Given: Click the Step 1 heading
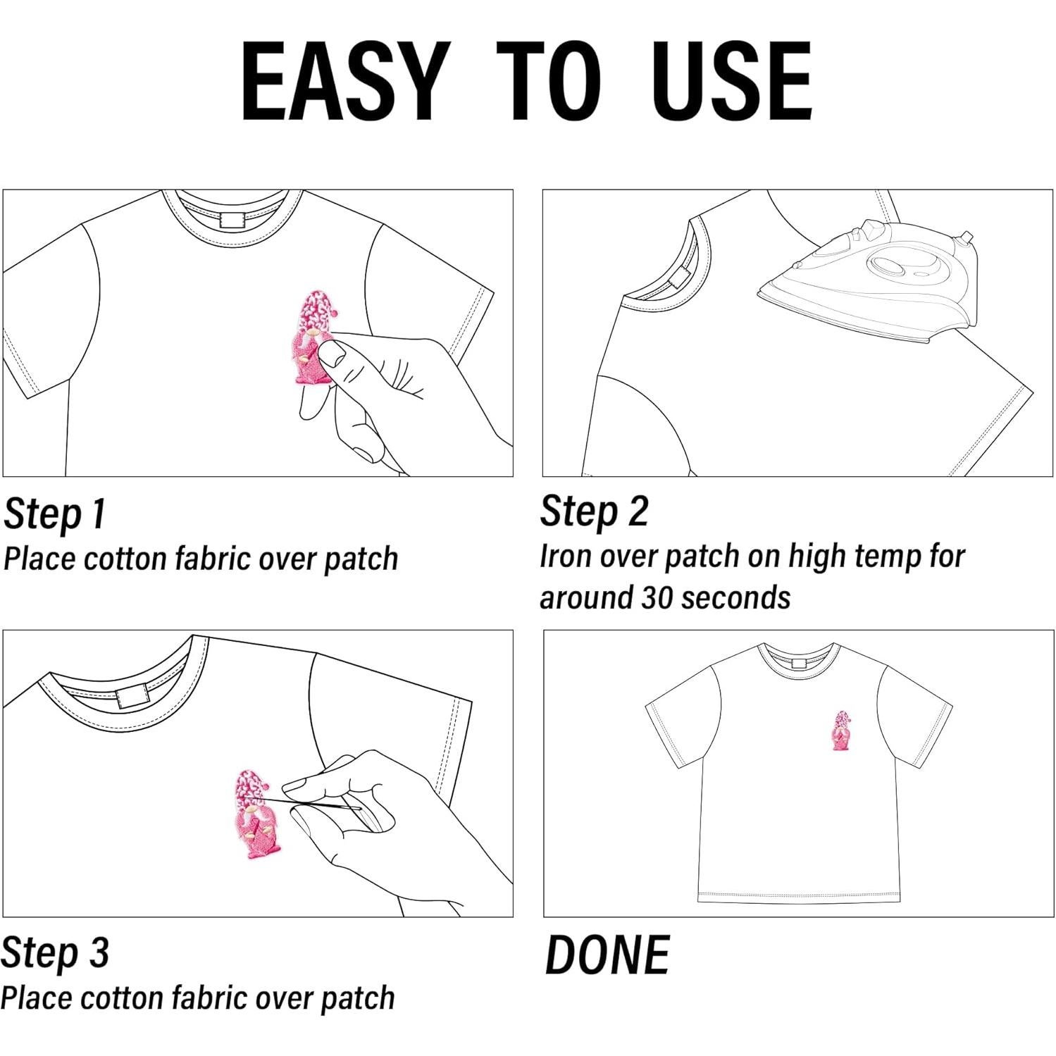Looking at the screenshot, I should (x=54, y=514).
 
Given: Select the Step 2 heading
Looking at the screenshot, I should (x=593, y=511).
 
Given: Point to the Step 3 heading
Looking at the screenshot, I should (x=55, y=953).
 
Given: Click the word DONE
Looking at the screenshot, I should (x=607, y=956).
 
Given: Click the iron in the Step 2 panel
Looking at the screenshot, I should (x=874, y=282).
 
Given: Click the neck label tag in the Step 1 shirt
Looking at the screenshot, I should (x=233, y=219).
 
